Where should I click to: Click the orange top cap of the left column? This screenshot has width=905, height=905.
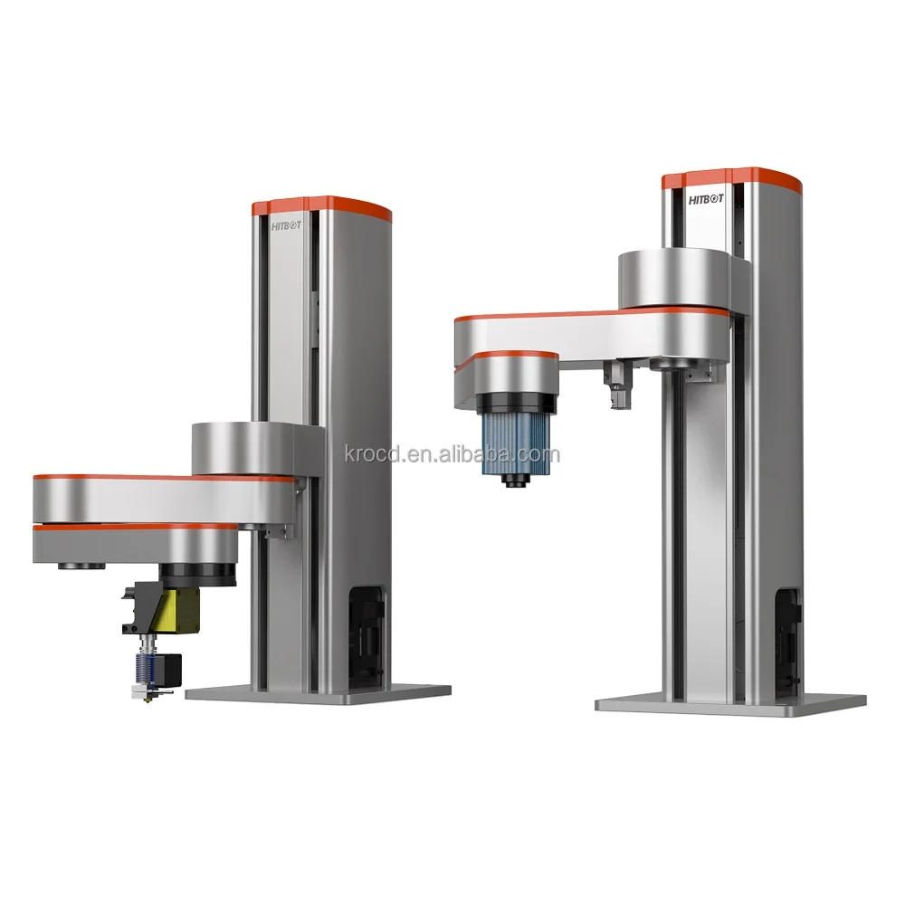click(321, 205)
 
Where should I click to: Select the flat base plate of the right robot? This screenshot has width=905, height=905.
click(731, 703)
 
